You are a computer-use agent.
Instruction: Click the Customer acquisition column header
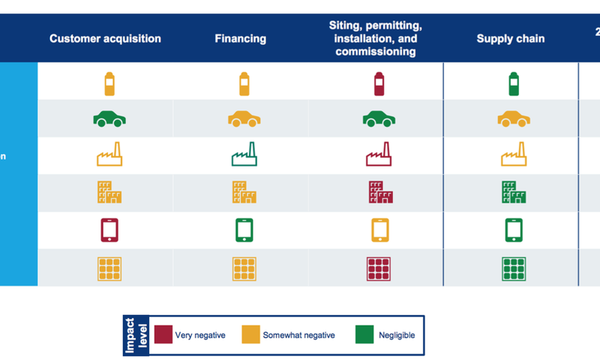click(x=105, y=39)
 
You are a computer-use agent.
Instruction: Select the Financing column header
click(x=240, y=39)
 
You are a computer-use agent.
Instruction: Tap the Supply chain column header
click(x=510, y=39)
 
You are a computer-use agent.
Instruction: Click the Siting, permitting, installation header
click(x=375, y=39)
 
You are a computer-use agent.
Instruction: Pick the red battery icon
click(x=379, y=82)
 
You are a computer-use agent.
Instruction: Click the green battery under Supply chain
click(x=514, y=82)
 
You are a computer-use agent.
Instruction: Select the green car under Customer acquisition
click(x=109, y=118)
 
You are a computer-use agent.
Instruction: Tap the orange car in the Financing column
click(x=244, y=118)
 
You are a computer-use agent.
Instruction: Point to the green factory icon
click(x=244, y=154)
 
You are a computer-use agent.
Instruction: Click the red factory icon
click(x=379, y=154)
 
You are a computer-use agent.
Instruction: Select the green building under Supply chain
click(x=514, y=193)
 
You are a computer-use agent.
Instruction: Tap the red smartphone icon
click(x=109, y=229)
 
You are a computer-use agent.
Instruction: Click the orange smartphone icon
click(x=379, y=229)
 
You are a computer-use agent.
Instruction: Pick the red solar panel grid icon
click(x=379, y=268)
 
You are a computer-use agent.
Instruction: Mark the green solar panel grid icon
click(x=514, y=268)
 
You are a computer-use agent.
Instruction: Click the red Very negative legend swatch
click(x=163, y=334)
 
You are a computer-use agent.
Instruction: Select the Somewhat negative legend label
click(x=298, y=335)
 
